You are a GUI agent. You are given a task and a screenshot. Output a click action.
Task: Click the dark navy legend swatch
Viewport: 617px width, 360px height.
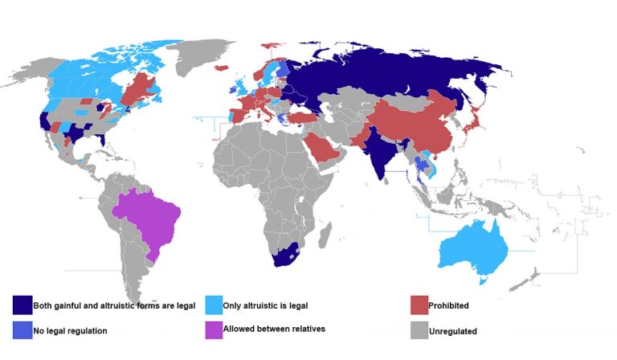point(22,305)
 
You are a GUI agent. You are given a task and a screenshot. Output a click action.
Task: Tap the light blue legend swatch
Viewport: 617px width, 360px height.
point(215,305)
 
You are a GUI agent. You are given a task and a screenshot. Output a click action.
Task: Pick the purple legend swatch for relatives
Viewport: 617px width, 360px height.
point(215,329)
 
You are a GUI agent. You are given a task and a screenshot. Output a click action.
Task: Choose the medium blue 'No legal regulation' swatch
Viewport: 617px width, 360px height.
point(22,329)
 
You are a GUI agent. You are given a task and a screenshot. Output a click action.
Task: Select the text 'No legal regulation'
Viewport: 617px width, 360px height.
point(70,330)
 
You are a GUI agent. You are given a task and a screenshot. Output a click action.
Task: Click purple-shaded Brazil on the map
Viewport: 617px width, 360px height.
point(149,217)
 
